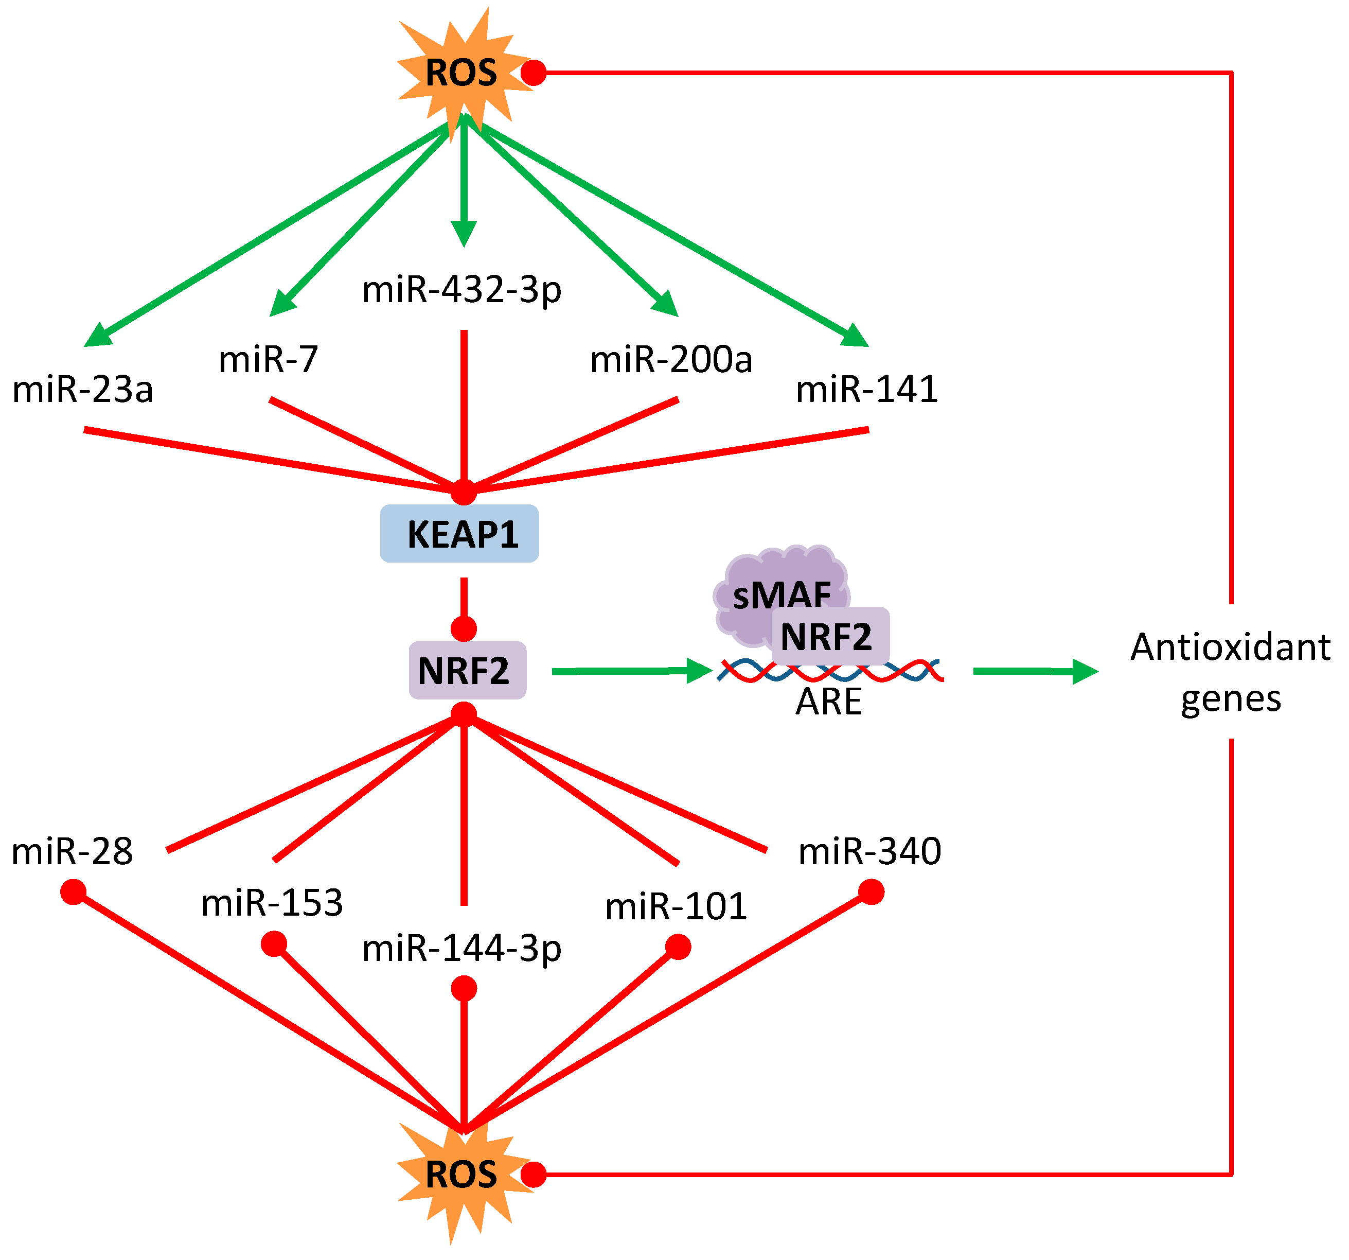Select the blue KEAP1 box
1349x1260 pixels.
click(459, 534)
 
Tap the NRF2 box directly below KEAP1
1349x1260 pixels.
click(467, 670)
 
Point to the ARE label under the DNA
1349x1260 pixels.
click(828, 701)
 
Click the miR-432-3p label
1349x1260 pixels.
click(462, 289)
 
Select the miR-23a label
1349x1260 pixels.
click(83, 390)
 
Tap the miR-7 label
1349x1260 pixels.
click(268, 359)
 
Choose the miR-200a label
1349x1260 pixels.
click(671, 359)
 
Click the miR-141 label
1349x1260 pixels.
click(866, 390)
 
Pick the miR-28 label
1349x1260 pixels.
click(72, 851)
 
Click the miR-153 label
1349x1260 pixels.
click(272, 903)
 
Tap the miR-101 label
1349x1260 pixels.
click(676, 906)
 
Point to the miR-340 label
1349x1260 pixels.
click(870, 851)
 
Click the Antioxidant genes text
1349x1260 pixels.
click(1230, 672)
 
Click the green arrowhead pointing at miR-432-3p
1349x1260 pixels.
click(464, 233)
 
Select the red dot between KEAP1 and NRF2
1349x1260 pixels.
click(464, 628)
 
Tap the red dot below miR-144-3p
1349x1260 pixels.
click(464, 988)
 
